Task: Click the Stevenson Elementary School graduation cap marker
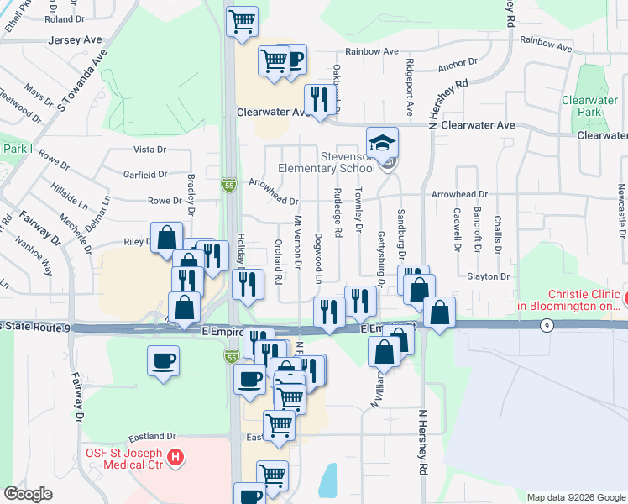click(383, 144)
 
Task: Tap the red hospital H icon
click(175, 458)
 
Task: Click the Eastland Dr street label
click(152, 437)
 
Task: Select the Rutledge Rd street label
click(338, 216)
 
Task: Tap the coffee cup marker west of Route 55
click(163, 362)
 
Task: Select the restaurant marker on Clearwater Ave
click(318, 100)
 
